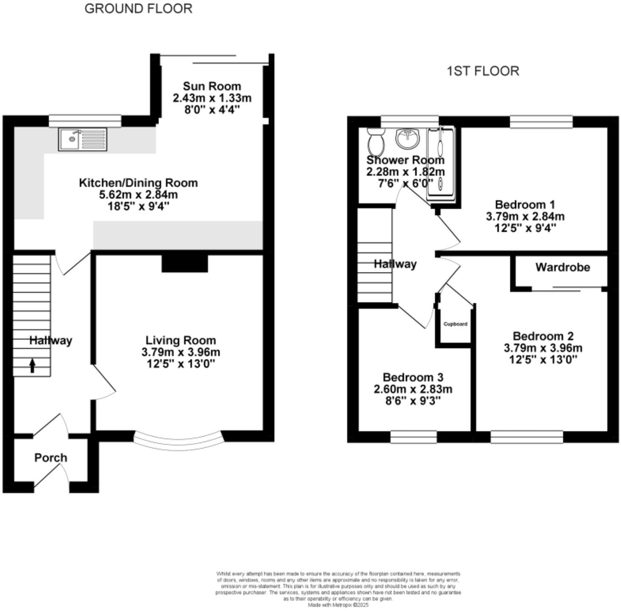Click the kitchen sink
point(83,140)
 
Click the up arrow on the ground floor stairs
point(32,365)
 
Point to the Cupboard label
point(455,324)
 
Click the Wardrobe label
point(562,267)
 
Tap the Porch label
point(50,458)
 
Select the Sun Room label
point(212,86)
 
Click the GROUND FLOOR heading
point(138,8)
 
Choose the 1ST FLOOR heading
point(483,71)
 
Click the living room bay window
point(178,442)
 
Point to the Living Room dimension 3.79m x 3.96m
point(181,352)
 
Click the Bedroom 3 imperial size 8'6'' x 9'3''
point(413,401)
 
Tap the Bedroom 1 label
point(525,205)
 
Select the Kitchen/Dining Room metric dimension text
point(138,195)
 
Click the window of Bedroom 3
point(413,437)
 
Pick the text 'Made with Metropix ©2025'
point(338,605)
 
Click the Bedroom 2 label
point(543,336)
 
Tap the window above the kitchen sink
point(85,121)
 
